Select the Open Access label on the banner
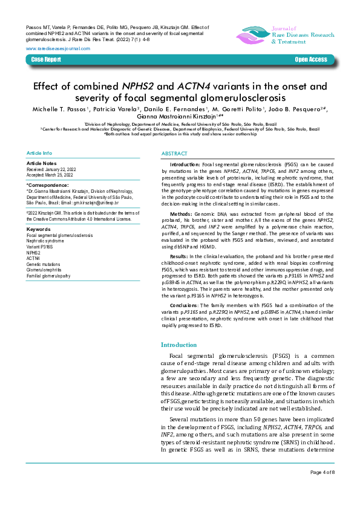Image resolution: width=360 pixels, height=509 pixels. pyautogui.click(x=310, y=60)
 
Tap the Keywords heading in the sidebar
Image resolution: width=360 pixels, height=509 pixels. pyautogui.click(x=39, y=230)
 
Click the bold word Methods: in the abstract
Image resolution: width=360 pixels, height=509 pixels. pyautogui.click(x=181, y=214)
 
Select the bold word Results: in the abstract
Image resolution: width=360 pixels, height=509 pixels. pyautogui.click(x=180, y=257)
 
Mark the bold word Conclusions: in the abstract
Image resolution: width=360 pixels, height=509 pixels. pyautogui.click(x=184, y=305)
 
